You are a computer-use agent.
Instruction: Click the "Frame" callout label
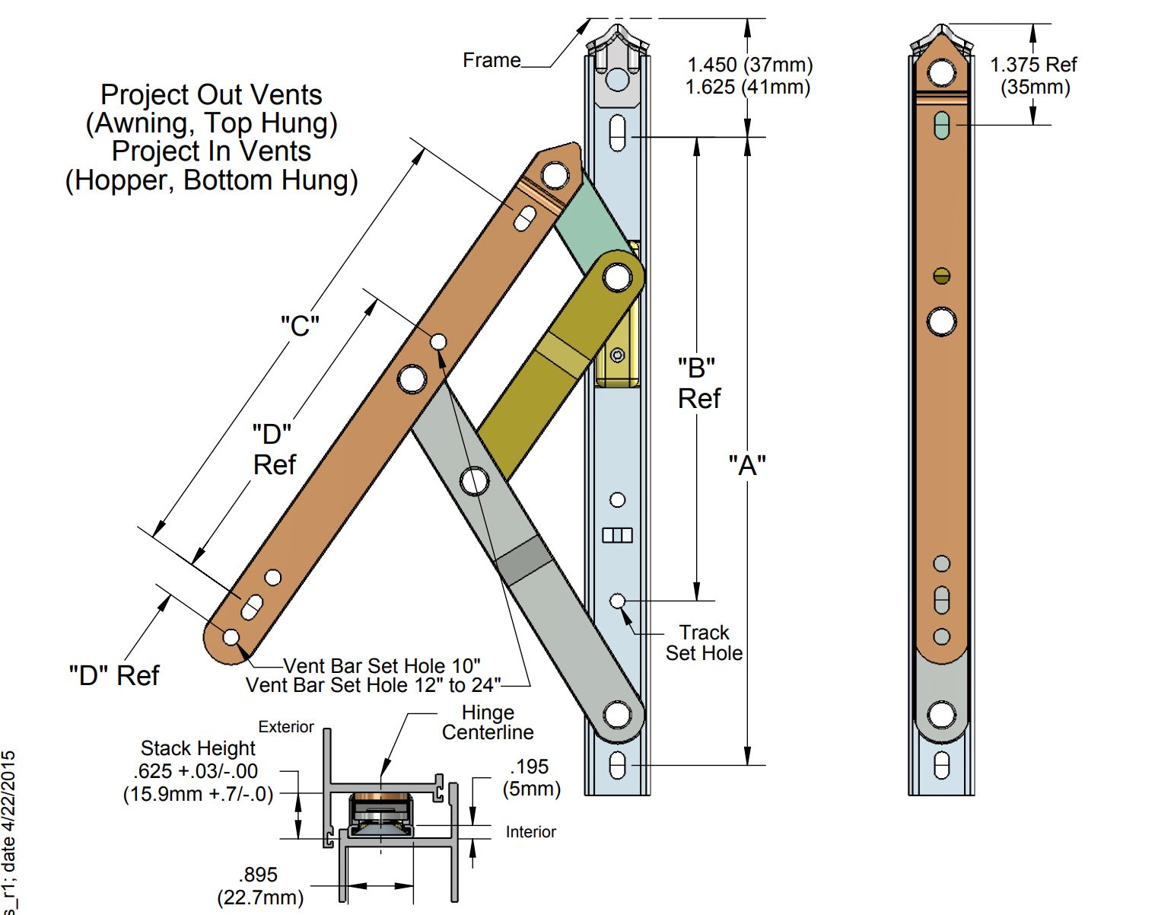click(492, 60)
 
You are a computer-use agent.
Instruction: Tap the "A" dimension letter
click(747, 465)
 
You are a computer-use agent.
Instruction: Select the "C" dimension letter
click(300, 326)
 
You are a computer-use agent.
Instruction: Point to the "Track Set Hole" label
click(704, 642)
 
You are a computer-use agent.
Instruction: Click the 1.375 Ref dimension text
click(1033, 65)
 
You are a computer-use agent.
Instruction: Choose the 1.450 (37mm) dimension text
click(749, 65)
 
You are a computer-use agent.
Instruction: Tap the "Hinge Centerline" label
click(488, 722)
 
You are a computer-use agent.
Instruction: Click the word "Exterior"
click(286, 727)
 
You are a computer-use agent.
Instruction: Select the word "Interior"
click(530, 832)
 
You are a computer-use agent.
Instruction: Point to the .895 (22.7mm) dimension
click(259, 886)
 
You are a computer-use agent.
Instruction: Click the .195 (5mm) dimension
click(530, 777)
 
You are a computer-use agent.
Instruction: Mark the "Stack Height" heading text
click(198, 748)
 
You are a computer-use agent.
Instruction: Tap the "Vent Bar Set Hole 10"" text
click(382, 666)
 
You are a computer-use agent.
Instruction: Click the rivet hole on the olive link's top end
click(617, 277)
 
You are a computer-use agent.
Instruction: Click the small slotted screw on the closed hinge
click(941, 276)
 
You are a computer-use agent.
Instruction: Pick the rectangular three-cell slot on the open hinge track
click(617, 535)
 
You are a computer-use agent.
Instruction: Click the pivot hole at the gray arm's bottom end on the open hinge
click(617, 715)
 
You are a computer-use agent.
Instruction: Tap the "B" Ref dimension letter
click(696, 368)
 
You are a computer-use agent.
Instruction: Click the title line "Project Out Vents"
click(212, 95)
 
